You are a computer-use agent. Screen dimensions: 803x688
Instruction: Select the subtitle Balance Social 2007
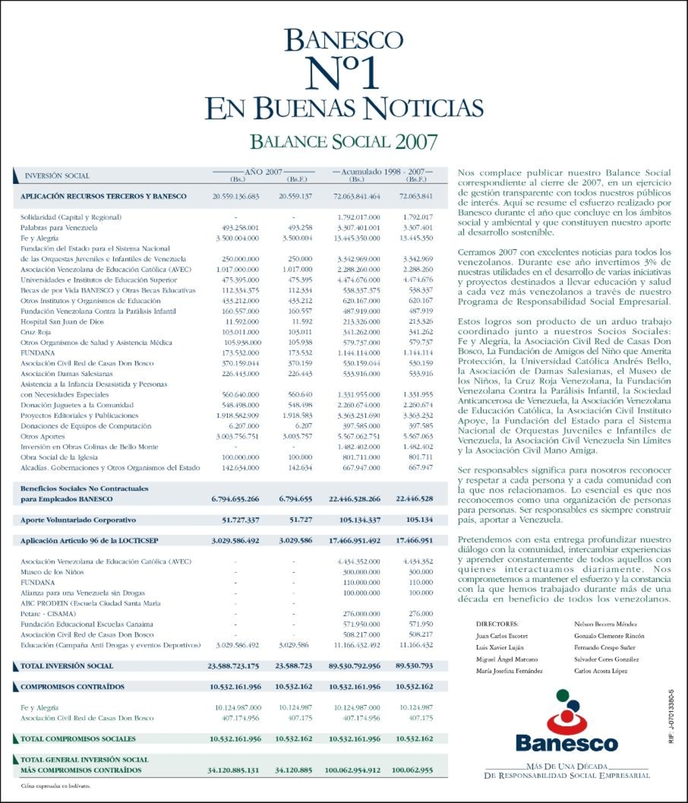click(344, 140)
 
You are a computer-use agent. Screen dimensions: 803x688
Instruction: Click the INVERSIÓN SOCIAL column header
click(57, 176)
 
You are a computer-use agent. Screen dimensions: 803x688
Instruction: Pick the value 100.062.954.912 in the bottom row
click(353, 770)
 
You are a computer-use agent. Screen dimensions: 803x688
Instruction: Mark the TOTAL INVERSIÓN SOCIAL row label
click(67, 666)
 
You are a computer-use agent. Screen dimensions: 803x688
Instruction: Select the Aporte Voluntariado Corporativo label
click(78, 519)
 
